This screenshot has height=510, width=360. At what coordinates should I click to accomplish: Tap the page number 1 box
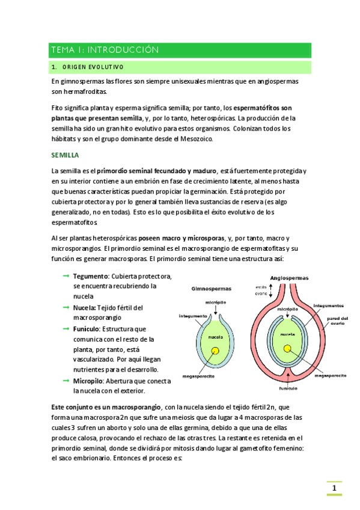coord(334,488)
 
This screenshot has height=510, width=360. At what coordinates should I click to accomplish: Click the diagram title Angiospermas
coord(289,278)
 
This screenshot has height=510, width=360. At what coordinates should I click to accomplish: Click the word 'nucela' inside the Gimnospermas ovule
coord(216,337)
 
